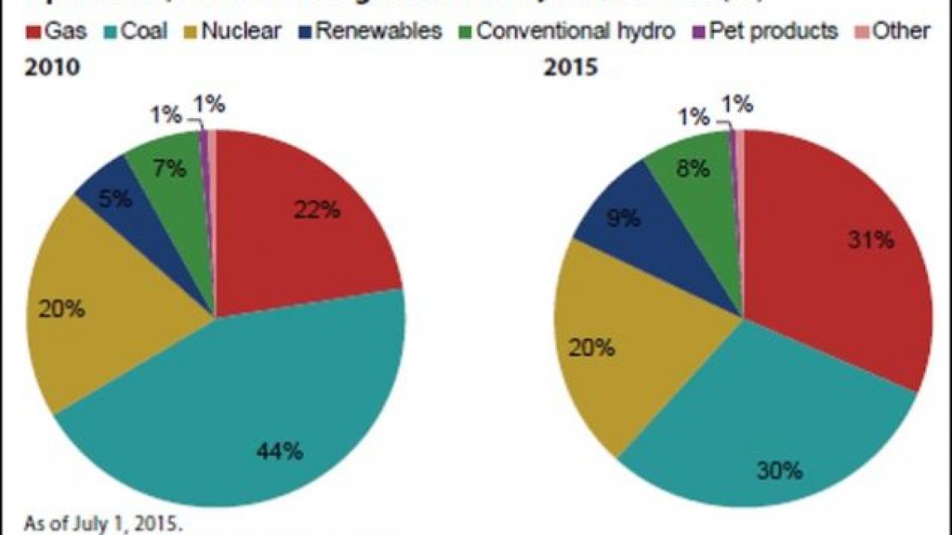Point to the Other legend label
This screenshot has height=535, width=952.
pyautogui.click(x=900, y=31)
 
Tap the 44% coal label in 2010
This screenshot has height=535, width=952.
pyautogui.click(x=279, y=452)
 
